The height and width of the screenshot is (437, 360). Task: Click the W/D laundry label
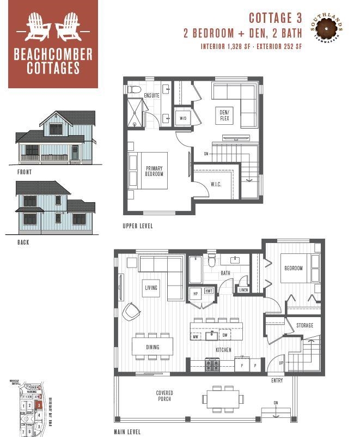182,118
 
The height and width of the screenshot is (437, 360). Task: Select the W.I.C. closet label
216,184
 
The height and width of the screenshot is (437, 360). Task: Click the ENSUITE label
152,96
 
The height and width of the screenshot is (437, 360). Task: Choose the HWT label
209,292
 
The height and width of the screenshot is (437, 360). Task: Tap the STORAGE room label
304,325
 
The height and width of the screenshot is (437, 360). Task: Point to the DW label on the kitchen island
224,336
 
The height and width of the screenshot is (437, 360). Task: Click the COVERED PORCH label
163,396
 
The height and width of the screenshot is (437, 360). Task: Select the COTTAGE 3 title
275,19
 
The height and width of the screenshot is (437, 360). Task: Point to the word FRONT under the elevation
25,172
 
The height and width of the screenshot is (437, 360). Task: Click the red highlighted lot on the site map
38,405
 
